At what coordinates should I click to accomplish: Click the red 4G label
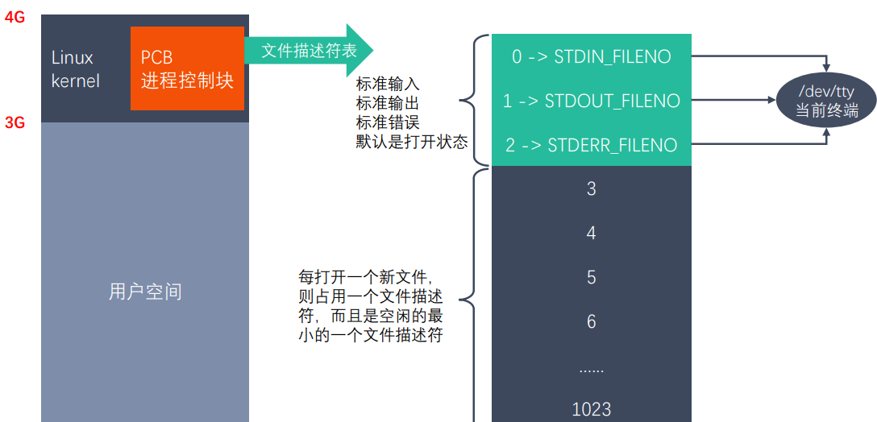point(15,16)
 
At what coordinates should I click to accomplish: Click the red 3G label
point(15,123)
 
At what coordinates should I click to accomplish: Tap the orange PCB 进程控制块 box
point(187,69)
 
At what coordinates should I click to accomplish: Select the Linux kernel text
point(75,69)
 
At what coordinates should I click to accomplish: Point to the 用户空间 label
point(145,292)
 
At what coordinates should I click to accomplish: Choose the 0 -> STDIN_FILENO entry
point(591,56)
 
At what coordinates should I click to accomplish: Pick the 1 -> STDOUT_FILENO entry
point(591,101)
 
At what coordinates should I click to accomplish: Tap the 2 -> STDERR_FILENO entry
point(591,145)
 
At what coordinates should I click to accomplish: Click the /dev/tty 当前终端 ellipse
point(827,102)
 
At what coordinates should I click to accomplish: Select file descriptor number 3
point(591,189)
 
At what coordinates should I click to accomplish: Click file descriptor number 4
point(591,234)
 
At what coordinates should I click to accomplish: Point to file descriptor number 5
point(591,278)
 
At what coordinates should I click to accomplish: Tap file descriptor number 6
point(591,322)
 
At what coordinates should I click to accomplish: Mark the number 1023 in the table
point(591,409)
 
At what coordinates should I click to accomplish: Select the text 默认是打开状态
point(412,142)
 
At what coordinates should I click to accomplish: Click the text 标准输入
point(388,84)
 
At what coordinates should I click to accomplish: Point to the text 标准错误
point(388,122)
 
